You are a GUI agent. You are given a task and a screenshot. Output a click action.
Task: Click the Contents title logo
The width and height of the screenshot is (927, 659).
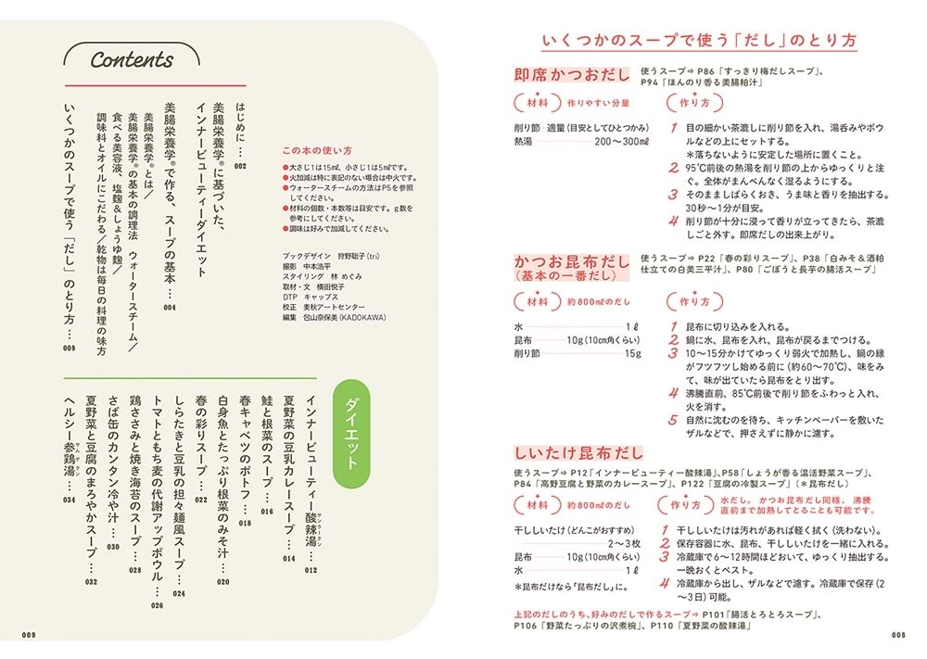pos(132,60)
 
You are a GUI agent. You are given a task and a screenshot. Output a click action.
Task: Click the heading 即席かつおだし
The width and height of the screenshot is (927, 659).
pos(572,74)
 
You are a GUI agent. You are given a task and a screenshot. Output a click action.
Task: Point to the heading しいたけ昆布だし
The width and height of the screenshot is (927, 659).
pos(578,452)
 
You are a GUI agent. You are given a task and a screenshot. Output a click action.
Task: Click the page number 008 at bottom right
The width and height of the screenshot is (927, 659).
pos(897,635)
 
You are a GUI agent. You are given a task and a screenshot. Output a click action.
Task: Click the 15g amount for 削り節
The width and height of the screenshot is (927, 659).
pos(633,353)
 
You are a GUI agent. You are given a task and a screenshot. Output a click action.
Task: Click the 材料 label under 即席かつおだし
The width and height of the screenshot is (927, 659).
pos(536,103)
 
